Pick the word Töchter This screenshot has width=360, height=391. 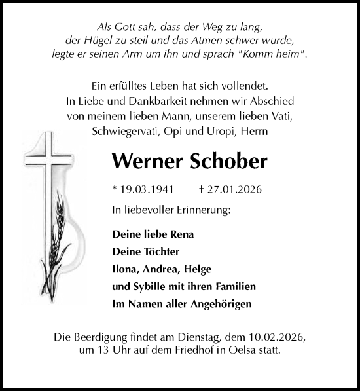pyautogui.click(x=160, y=251)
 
